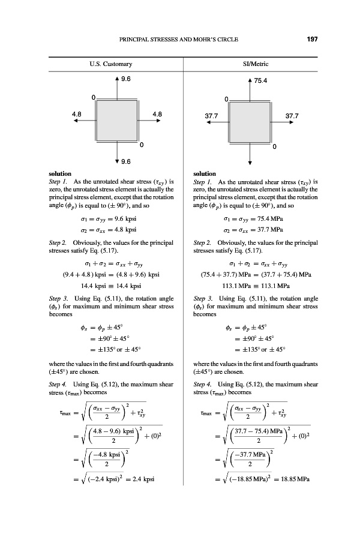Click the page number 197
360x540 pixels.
(x=311, y=40)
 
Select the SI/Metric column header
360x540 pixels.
(x=249, y=64)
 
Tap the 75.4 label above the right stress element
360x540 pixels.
(x=261, y=79)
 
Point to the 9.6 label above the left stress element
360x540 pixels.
(x=126, y=79)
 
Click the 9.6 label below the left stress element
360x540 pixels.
(x=126, y=161)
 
